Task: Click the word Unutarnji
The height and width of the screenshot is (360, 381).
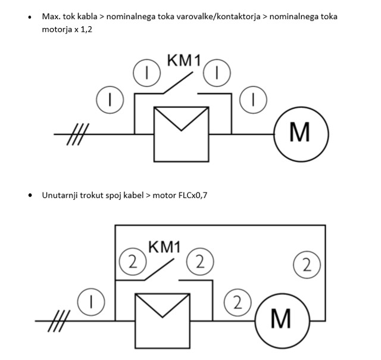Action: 62,195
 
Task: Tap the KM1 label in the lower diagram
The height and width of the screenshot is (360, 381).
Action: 164,246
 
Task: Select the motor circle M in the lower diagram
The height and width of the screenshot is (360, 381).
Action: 280,319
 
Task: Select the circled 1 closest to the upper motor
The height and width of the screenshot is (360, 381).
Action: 254,100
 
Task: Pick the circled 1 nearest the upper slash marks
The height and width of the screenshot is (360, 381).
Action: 109,100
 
